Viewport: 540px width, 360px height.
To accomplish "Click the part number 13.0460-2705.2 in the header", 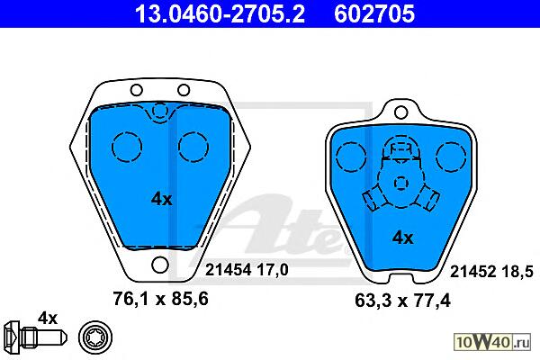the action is tap(220, 14).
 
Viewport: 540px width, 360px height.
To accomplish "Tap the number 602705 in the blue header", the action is tap(374, 14).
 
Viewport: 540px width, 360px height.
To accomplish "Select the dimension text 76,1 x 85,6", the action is tap(160, 299).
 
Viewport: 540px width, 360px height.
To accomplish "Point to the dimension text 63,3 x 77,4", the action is tap(402, 301).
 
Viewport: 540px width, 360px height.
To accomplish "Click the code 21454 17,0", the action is tap(247, 270).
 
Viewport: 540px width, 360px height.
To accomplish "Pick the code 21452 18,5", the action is tap(491, 272).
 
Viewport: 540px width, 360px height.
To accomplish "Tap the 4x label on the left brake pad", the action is tap(161, 199).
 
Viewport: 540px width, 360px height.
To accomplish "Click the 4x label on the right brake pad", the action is tap(402, 238).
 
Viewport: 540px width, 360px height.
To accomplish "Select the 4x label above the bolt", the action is tap(48, 319).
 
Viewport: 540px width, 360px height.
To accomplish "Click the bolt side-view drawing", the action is tap(36, 337).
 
